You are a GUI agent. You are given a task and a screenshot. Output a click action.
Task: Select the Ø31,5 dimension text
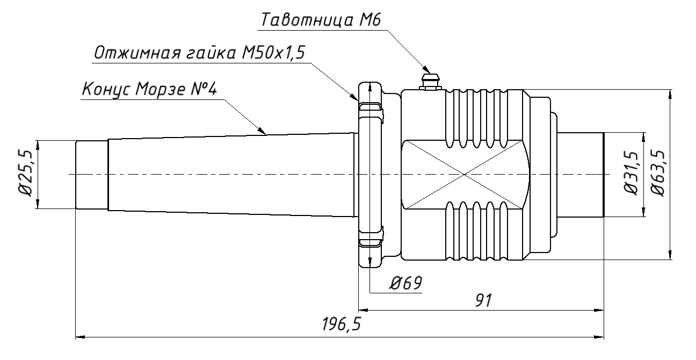pos(633,174)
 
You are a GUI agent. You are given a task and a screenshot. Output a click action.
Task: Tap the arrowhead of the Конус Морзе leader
pos(263,131)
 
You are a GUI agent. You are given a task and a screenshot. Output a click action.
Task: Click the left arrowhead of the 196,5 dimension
pos(78,337)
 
